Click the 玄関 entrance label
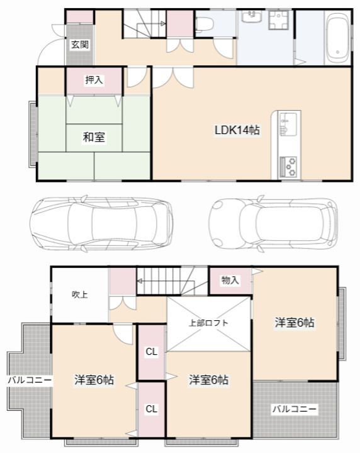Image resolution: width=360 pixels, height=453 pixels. click(80, 45)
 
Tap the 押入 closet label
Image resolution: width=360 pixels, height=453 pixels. click(94, 80)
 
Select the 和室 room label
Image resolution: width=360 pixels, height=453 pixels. click(94, 137)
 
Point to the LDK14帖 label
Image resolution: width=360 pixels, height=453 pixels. click(237, 130)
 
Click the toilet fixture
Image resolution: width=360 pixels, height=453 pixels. click(205, 24)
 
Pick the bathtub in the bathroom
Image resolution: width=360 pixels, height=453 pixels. click(337, 38)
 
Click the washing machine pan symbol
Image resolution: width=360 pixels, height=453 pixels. click(279, 20)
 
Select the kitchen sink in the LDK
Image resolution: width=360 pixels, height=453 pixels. click(288, 124)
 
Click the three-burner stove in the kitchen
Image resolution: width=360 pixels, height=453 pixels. click(289, 166)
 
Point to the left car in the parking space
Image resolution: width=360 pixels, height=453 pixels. click(101, 225)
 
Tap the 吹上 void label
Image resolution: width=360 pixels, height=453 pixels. click(80, 294)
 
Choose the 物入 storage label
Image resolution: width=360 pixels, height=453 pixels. click(230, 280)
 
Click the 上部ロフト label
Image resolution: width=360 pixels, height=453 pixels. click(208, 323)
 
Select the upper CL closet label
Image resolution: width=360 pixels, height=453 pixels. click(152, 352)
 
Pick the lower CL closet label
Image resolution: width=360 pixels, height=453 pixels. click(152, 409)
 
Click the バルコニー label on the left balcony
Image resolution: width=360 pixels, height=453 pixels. click(30, 380)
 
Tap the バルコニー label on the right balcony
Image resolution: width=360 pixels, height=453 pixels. click(295, 410)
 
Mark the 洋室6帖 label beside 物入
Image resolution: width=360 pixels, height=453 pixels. click(295, 322)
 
